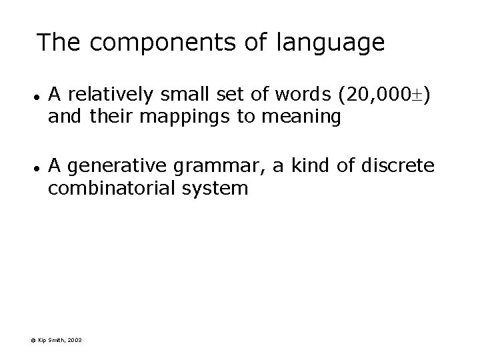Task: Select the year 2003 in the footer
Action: [x=75, y=341]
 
